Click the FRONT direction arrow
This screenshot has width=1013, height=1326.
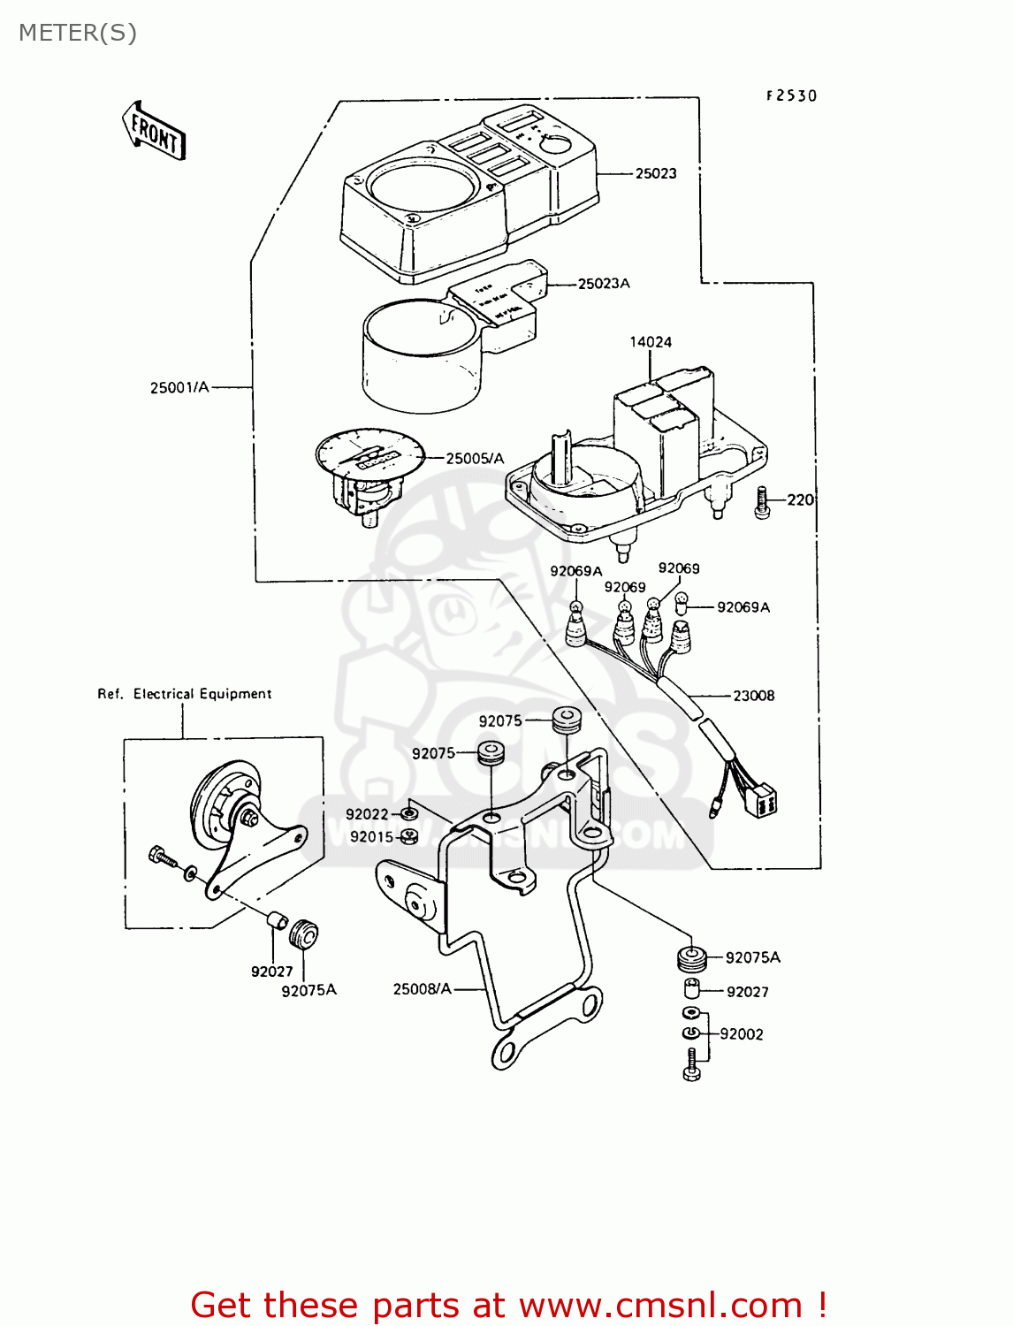(x=154, y=131)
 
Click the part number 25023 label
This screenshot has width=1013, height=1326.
(x=655, y=173)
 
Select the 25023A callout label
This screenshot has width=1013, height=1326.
(x=604, y=284)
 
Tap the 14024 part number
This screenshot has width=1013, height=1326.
(x=650, y=342)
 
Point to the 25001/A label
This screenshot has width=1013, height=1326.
(x=179, y=387)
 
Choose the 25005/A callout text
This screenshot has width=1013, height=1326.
(x=475, y=458)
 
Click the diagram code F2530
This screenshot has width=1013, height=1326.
(x=791, y=95)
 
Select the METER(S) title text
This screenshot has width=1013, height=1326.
(x=78, y=33)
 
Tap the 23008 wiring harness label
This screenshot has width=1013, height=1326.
(x=753, y=696)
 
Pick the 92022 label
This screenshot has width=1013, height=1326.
(x=367, y=814)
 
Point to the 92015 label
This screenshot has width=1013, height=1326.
(x=371, y=837)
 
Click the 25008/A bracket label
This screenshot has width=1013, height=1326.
(x=422, y=988)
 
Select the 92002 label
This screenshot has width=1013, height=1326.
(x=741, y=1034)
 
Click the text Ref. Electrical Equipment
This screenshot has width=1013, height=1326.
(x=185, y=694)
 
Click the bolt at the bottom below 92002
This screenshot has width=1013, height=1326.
(x=691, y=1064)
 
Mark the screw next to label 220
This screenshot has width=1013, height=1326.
(x=763, y=503)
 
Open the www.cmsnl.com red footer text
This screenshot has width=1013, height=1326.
(x=659, y=1305)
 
